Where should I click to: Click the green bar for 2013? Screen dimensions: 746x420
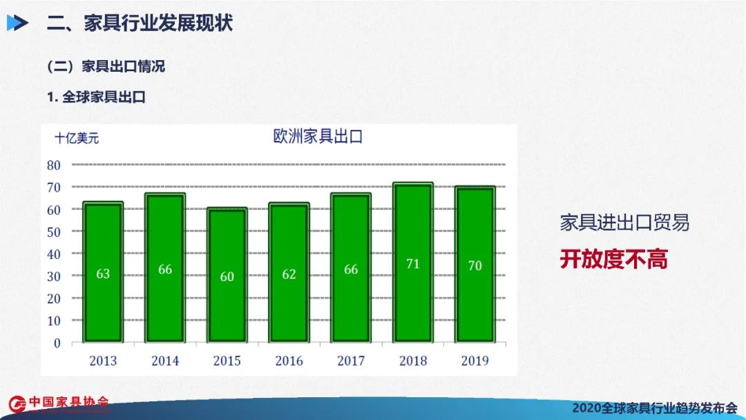coord(103,271)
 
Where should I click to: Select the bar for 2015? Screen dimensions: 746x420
coord(227,275)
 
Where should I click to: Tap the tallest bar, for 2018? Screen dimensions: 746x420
coord(413,262)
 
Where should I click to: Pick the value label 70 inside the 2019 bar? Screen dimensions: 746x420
coord(475,265)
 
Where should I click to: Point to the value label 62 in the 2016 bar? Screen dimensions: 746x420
coord(289,274)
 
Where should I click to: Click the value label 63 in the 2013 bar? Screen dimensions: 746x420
coord(103,274)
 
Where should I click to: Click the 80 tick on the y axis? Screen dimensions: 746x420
coord(54,165)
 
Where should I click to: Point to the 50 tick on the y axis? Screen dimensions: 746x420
coord(54,232)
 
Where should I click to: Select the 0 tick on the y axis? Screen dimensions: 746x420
coord(57,343)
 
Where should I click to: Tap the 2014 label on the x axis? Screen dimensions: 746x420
coord(165,361)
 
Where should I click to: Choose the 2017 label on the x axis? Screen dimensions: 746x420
coord(351,361)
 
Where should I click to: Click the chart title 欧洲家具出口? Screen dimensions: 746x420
coord(318,137)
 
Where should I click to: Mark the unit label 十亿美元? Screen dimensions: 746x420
coord(77,138)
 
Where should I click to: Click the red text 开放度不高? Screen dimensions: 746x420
coord(614,259)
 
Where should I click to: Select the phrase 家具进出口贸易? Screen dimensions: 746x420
coord(624,222)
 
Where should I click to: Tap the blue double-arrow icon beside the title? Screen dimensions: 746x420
coord(17,23)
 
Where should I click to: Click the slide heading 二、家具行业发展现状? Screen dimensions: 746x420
coord(140,23)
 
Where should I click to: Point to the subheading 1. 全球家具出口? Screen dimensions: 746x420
coord(96,97)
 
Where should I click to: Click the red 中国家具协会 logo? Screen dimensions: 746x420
coord(59,403)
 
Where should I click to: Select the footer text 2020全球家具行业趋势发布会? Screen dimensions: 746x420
coord(655,408)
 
